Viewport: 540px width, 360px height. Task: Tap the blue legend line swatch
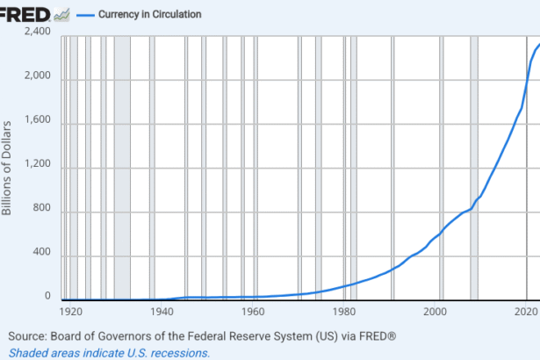86,15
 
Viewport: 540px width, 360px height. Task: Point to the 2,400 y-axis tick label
37,32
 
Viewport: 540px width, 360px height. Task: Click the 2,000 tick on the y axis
37,77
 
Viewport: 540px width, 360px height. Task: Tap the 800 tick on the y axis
42,211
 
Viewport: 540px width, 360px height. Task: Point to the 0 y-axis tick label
48,299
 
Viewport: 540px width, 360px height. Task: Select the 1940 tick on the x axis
162,312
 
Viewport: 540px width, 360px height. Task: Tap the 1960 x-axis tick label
253,312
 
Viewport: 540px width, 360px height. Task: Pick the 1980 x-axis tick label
344,312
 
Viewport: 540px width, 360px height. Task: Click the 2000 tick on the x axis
436,312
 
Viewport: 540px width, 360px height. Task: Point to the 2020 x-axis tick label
526,312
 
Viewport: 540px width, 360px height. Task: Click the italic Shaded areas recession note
110,352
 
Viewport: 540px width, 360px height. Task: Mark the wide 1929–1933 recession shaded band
121,167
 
